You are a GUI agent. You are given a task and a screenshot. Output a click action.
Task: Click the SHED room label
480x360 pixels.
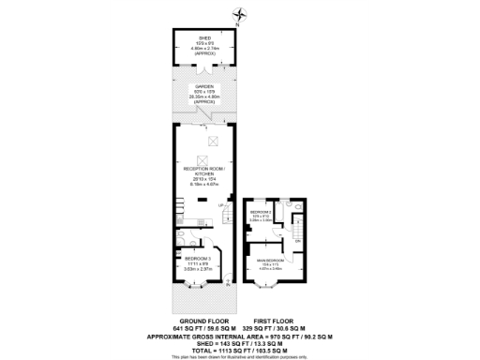pos(202,39)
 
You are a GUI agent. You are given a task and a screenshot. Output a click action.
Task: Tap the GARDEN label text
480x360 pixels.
pos(202,91)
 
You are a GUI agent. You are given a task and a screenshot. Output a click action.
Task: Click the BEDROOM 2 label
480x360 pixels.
pos(262,213)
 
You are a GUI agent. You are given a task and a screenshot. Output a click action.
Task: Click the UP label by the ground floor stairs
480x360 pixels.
pos(221,205)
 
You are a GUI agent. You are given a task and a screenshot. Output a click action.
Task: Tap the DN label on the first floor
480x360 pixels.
pos(296,240)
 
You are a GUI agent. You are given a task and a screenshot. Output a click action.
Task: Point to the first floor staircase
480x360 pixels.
pos(298,226)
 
